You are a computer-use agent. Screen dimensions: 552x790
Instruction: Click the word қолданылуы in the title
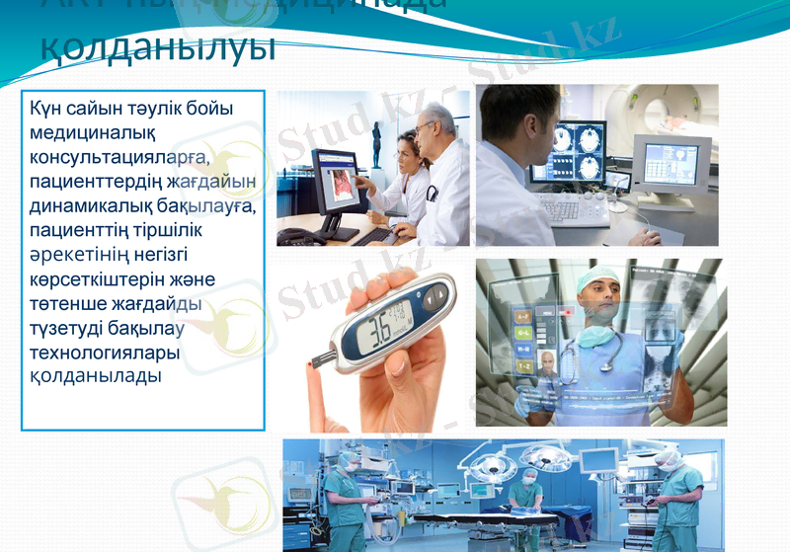point(157,47)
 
